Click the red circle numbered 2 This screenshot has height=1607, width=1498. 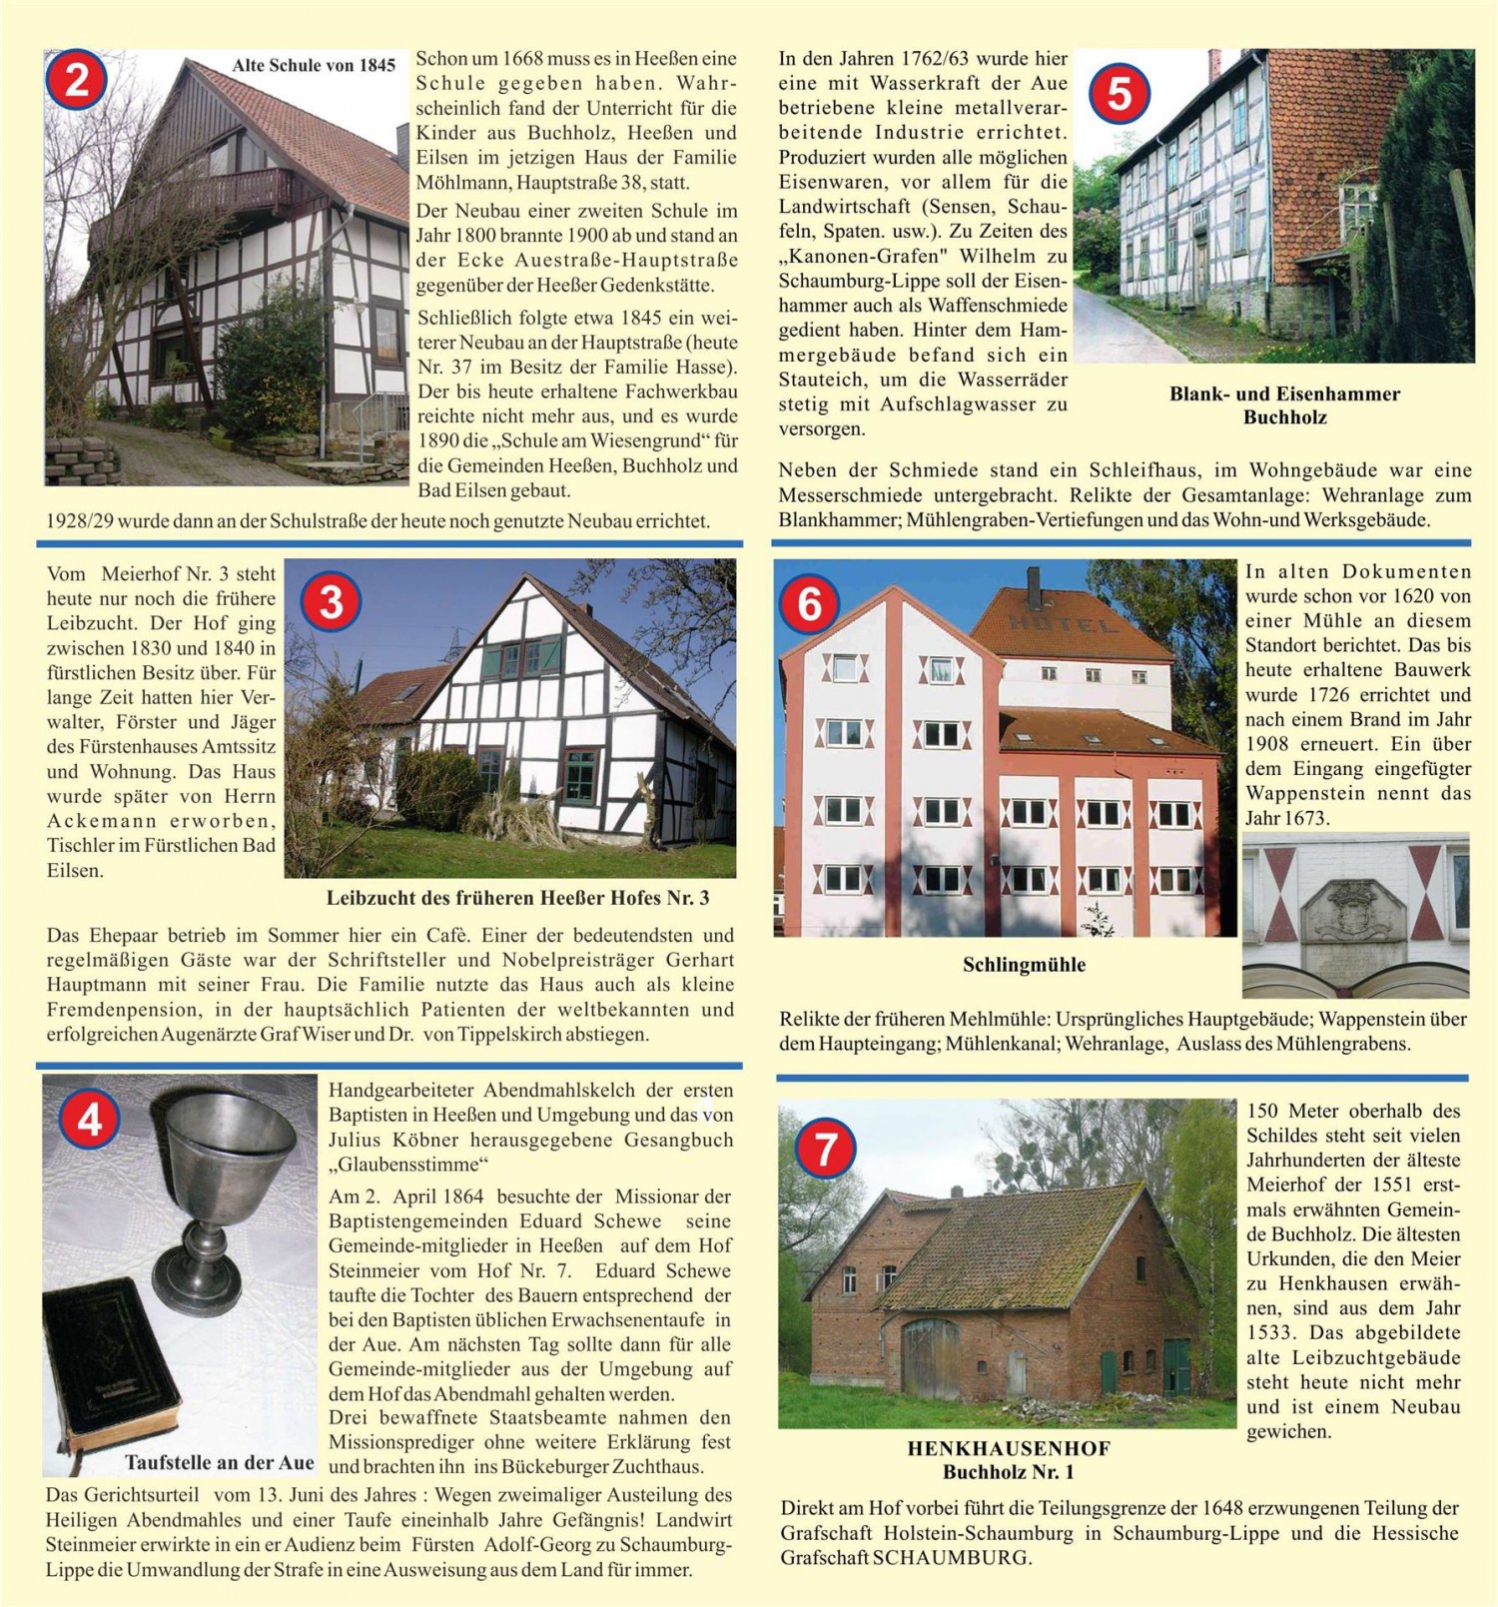pyautogui.click(x=77, y=80)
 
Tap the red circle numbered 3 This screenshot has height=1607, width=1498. pyautogui.click(x=331, y=602)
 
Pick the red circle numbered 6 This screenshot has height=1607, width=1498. pyautogui.click(x=810, y=604)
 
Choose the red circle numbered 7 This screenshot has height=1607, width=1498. pyautogui.click(x=825, y=1150)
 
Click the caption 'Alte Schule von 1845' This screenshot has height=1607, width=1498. pyautogui.click(x=314, y=66)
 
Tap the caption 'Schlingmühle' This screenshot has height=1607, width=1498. pyautogui.click(x=1024, y=965)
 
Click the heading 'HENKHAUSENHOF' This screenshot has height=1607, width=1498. pyautogui.click(x=1009, y=1448)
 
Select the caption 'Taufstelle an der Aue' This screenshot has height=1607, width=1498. pyautogui.click(x=219, y=1463)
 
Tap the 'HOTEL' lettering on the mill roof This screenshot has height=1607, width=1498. pyautogui.click(x=1065, y=625)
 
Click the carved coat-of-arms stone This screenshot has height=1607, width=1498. pyautogui.click(x=1354, y=910)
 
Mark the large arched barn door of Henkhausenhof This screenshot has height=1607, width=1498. pyautogui.click(x=930, y=1358)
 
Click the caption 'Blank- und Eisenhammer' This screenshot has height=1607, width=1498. pyautogui.click(x=1284, y=394)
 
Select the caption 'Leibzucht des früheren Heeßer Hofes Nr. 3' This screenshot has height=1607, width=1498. pyautogui.click(x=517, y=898)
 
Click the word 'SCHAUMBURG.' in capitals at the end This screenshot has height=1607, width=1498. pyautogui.click(x=951, y=1558)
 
